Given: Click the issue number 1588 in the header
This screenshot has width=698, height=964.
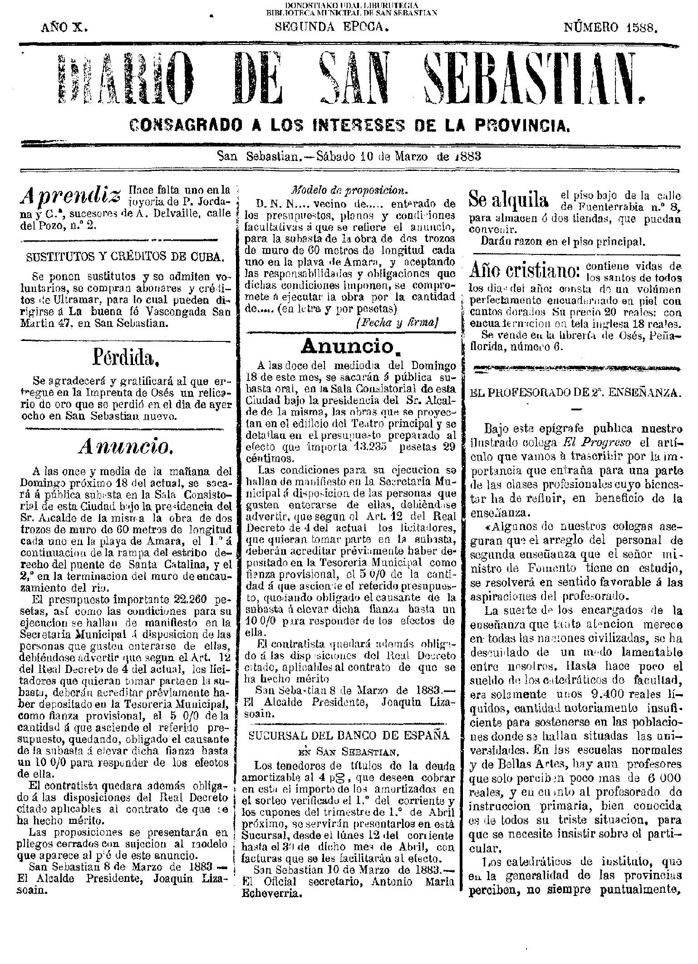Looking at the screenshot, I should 642,28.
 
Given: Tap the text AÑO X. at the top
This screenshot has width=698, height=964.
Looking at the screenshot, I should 64,28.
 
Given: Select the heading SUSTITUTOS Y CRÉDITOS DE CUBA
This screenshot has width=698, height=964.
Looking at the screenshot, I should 124,257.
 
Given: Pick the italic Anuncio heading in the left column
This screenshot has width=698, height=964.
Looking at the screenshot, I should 124,448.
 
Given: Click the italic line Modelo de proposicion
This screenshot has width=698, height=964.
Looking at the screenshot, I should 349,190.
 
